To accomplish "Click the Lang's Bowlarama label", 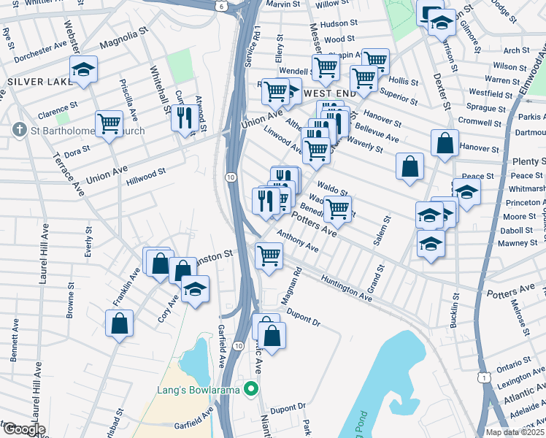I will pyautogui.click(x=199, y=390).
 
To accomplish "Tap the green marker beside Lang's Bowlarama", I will pyautogui.click(x=252, y=388).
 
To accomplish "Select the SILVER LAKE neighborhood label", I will pyautogui.click(x=34, y=81).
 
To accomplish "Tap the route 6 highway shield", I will pyautogui.click(x=221, y=5).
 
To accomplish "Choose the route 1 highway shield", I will pyautogui.click(x=482, y=376).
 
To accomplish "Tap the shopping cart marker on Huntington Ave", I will pyautogui.click(x=269, y=256).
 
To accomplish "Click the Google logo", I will pyautogui.click(x=23, y=429).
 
